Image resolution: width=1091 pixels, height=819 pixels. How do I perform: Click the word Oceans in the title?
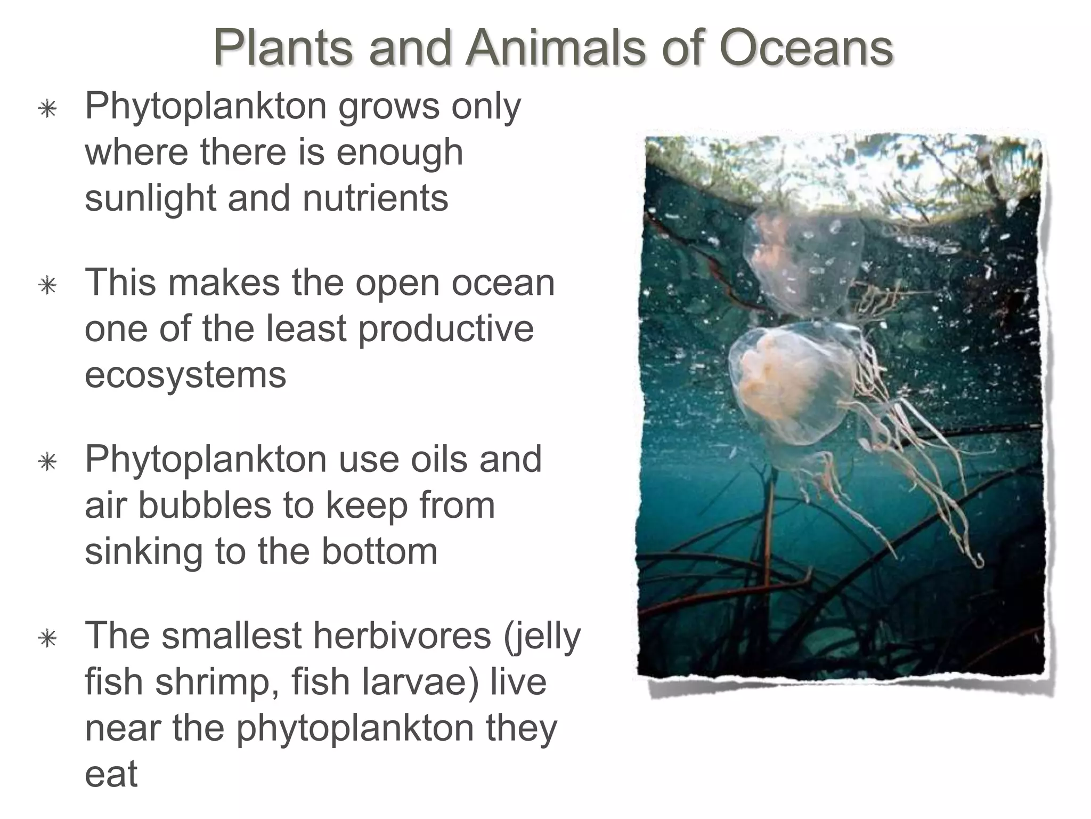pyautogui.click(x=805, y=49)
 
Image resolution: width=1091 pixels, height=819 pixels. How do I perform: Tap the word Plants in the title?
pyautogui.click(x=283, y=49)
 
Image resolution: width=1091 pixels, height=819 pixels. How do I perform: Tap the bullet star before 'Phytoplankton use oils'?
pyautogui.click(x=48, y=462)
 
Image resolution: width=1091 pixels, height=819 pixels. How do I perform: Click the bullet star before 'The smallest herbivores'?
pyautogui.click(x=48, y=638)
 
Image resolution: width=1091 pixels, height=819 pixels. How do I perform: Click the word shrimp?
pyautogui.click(x=217, y=682)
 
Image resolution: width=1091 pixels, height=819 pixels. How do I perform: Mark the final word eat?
pyautogui.click(x=111, y=775)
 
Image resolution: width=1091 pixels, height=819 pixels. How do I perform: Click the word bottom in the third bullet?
pyautogui.click(x=379, y=552)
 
